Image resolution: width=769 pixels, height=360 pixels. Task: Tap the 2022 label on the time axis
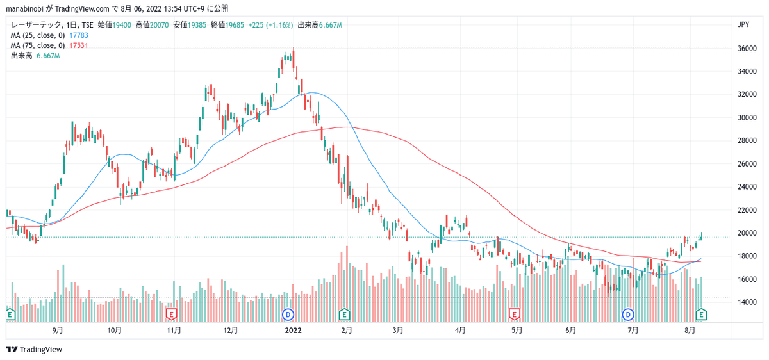pyautogui.click(x=293, y=331)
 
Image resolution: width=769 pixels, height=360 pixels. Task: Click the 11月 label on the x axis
pyautogui.click(x=173, y=331)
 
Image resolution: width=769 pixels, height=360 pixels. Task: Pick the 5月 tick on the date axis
pyautogui.click(x=517, y=331)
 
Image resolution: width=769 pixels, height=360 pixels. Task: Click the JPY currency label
pyautogui.click(x=744, y=25)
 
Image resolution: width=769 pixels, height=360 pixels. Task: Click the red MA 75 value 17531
pyautogui.click(x=78, y=45)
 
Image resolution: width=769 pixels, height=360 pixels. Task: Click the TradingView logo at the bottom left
pyautogui.click(x=35, y=349)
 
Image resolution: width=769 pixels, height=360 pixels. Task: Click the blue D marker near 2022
pyautogui.click(x=288, y=314)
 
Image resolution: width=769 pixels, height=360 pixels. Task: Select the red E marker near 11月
pyautogui.click(x=171, y=314)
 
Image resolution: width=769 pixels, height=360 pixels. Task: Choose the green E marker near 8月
pyautogui.click(x=702, y=314)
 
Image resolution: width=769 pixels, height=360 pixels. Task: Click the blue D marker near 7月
pyautogui.click(x=628, y=314)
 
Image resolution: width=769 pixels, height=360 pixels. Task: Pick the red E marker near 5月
pyautogui.click(x=513, y=314)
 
